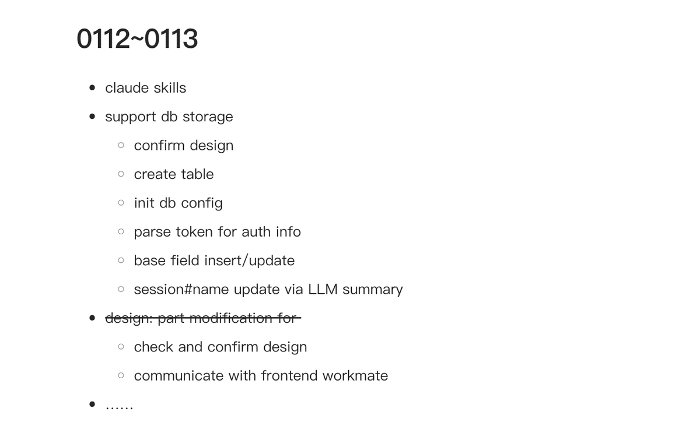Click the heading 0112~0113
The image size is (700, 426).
pyautogui.click(x=137, y=38)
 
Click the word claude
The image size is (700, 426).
pyautogui.click(x=127, y=87)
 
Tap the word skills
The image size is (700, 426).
pyautogui.click(x=170, y=87)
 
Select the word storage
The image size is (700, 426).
pyautogui.click(x=208, y=117)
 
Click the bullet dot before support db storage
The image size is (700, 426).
pyautogui.click(x=92, y=117)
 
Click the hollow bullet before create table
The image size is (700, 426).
pyautogui.click(x=121, y=174)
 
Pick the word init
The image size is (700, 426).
pyautogui.click(x=144, y=203)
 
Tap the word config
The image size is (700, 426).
pyautogui.click(x=202, y=203)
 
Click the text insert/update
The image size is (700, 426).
pyautogui.click(x=250, y=261)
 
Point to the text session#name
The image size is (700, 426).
pyautogui.click(x=181, y=289)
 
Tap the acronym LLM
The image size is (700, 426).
pyautogui.click(x=323, y=289)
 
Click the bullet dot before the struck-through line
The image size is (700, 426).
pyautogui.click(x=92, y=318)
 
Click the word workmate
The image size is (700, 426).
pyautogui.click(x=355, y=375)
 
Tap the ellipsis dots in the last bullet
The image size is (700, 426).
pyautogui.click(x=120, y=407)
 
